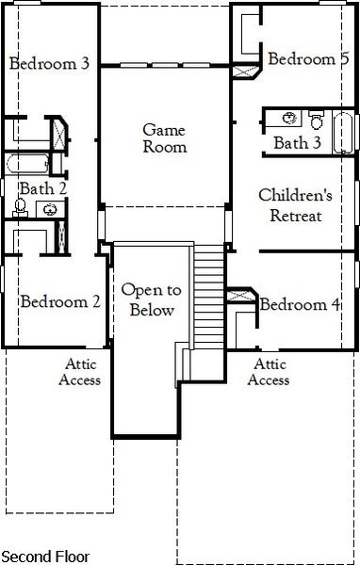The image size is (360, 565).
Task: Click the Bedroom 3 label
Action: pyautogui.click(x=49, y=64)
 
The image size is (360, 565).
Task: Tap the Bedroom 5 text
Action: pyautogui.click(x=308, y=59)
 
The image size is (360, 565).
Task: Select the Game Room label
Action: pyautogui.click(x=165, y=137)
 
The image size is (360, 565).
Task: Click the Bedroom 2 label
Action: pyautogui.click(x=60, y=302)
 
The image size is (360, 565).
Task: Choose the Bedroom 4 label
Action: pyautogui.click(x=301, y=305)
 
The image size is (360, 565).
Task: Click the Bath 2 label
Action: pyautogui.click(x=43, y=188)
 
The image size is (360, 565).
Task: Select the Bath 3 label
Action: pyautogui.click(x=296, y=143)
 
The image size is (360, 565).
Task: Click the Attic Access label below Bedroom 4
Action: pyautogui.click(x=268, y=372)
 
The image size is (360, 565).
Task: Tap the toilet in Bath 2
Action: pyautogui.click(x=21, y=207)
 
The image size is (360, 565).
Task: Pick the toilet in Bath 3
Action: pyautogui.click(x=316, y=120)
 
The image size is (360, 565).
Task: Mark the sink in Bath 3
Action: pyautogui.click(x=290, y=119)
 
